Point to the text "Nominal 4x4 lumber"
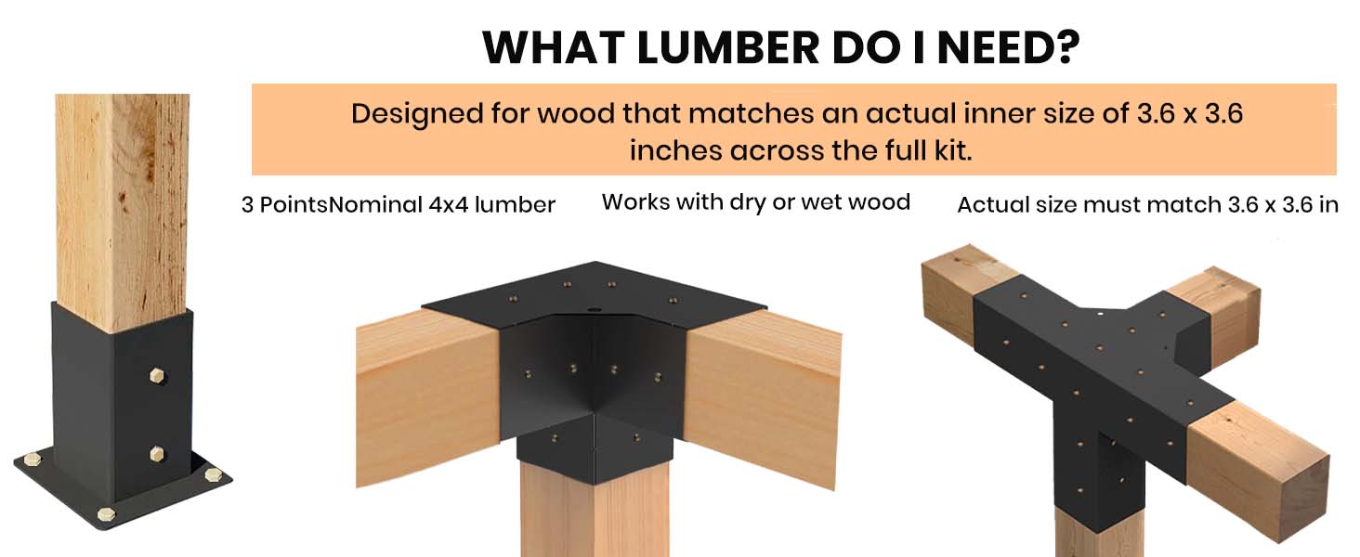(442, 204)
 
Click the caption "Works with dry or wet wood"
(756, 202)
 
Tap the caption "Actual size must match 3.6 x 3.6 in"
(1148, 205)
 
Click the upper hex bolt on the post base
(158, 376)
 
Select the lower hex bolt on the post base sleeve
(157, 453)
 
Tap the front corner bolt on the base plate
(107, 514)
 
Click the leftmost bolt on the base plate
(33, 460)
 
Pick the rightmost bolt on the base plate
(213, 473)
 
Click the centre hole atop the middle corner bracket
(594, 311)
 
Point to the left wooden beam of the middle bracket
(428, 397)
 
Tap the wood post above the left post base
(123, 213)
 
